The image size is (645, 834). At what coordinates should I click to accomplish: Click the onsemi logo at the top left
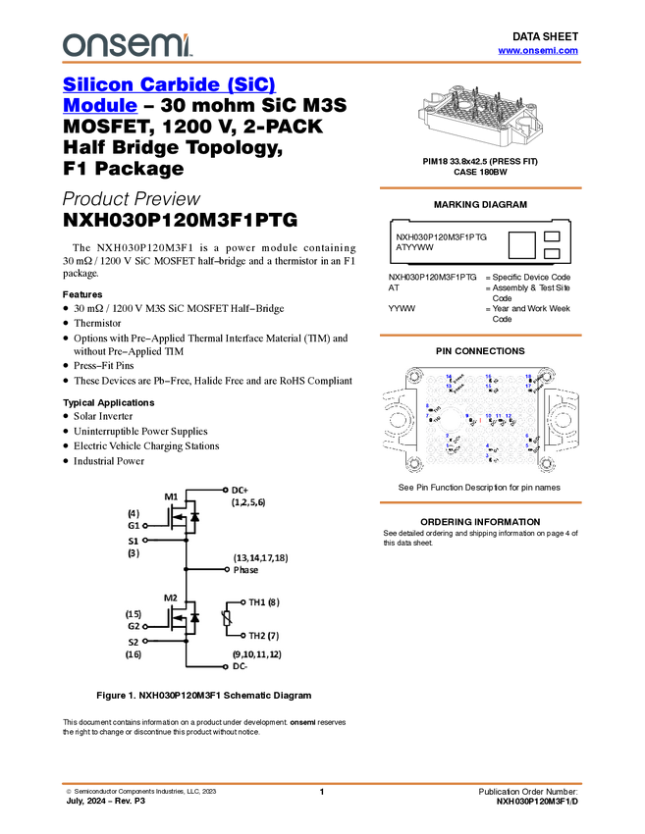click(x=127, y=42)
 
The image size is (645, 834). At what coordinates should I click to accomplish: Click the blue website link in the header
click(x=538, y=51)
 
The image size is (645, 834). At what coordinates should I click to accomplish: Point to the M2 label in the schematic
click(x=171, y=598)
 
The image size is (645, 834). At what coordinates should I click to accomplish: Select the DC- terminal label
click(x=242, y=666)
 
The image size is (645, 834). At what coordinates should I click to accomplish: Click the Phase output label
click(x=246, y=569)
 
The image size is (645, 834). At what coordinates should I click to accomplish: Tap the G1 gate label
click(x=134, y=525)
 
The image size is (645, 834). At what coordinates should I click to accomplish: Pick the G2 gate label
click(x=134, y=626)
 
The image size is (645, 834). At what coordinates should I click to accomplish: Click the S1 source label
click(x=134, y=540)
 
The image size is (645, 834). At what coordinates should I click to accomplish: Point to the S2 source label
click(x=134, y=642)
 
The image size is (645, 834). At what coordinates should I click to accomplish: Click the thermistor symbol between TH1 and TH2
click(x=228, y=618)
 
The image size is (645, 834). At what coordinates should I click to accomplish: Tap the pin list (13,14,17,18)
click(x=260, y=557)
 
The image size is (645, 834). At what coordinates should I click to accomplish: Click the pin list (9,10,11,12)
click(x=256, y=653)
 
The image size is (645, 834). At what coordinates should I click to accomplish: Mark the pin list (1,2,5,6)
click(x=248, y=501)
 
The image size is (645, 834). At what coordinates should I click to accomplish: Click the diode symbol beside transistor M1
click(x=194, y=516)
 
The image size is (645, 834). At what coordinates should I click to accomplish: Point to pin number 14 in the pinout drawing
click(x=450, y=377)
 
